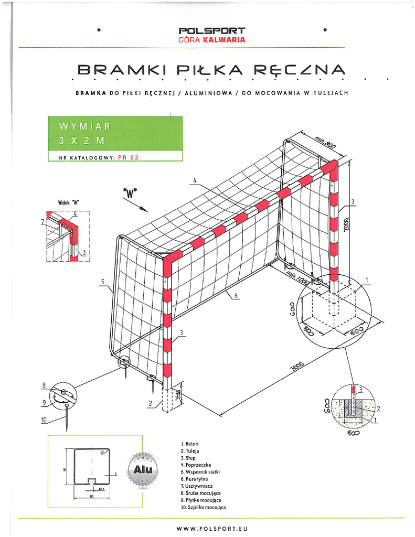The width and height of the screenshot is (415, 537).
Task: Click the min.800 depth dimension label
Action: click(326, 141)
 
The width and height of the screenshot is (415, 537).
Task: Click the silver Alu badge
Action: click(142, 469)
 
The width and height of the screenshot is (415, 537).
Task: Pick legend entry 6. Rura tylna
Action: click(194, 479)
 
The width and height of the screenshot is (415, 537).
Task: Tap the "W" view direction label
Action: click(129, 192)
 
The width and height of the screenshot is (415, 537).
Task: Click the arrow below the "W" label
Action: click(141, 207)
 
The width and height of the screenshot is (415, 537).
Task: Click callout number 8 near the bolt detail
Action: click(45, 386)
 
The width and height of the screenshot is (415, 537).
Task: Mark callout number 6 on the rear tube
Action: click(236, 296)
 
